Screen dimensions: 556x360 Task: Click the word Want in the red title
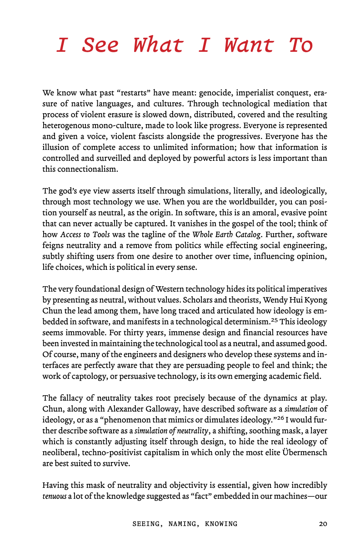click(x=250, y=45)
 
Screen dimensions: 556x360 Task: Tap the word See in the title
click(x=100, y=45)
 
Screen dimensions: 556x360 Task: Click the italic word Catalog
click(x=247, y=234)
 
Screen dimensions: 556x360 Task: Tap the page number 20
click(x=323, y=524)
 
